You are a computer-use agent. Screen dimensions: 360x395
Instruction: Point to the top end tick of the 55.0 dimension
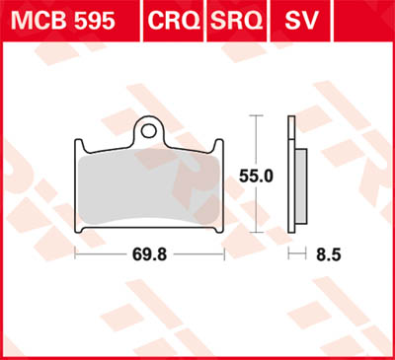point(259,116)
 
